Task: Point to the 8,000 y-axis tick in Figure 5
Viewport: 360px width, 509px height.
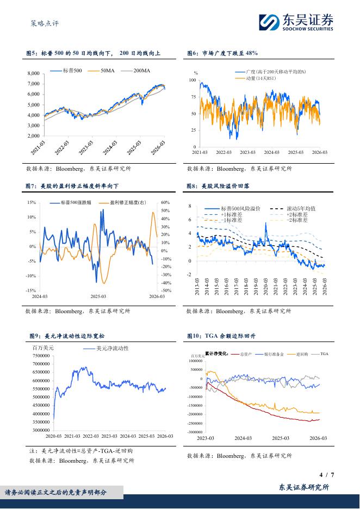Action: tap(33, 73)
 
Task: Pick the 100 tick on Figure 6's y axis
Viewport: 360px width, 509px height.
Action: tap(193, 80)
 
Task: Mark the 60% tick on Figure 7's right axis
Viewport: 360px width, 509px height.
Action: tap(166, 202)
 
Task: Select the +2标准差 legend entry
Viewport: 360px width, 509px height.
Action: tap(296, 215)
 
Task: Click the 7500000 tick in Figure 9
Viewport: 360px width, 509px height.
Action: tap(42, 355)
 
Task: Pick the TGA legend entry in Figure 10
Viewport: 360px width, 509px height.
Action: tap(324, 354)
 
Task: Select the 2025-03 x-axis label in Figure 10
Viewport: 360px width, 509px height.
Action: tap(280, 438)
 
